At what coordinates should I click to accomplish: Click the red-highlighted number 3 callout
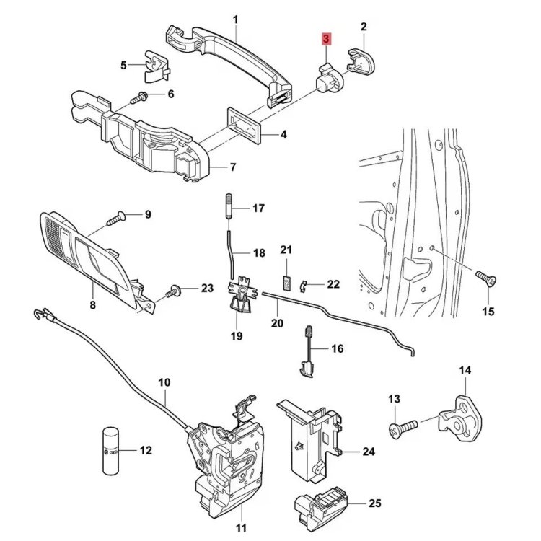[326, 39]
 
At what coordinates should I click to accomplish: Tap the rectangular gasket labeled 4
[245, 126]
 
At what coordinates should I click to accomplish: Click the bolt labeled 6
[139, 97]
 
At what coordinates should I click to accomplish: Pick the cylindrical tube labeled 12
[111, 452]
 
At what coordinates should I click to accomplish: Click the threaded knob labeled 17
[229, 207]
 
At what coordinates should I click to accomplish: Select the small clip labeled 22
[303, 286]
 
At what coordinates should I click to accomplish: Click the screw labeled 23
[174, 291]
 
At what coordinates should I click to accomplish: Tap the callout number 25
[374, 503]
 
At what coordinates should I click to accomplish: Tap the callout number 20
[277, 323]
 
